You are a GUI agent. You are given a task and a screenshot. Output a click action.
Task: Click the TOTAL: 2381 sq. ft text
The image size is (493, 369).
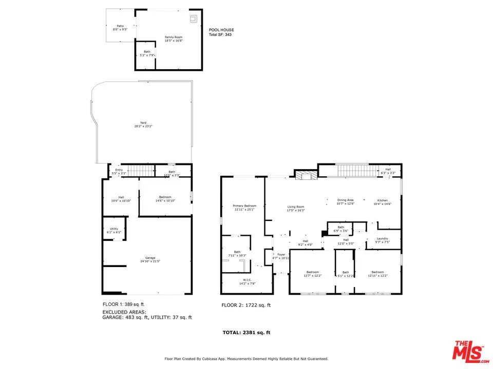tap(246, 333)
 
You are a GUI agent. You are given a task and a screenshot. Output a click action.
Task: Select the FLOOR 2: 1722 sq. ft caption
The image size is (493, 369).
tap(245, 305)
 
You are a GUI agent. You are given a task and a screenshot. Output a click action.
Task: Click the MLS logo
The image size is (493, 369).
tap(468, 351)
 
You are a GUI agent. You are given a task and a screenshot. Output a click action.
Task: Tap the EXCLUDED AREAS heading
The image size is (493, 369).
tap(124, 312)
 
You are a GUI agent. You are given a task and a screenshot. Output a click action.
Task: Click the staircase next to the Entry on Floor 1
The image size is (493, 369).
tap(140, 171)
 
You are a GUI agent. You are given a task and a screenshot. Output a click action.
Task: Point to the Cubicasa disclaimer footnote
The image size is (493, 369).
tap(246, 359)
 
